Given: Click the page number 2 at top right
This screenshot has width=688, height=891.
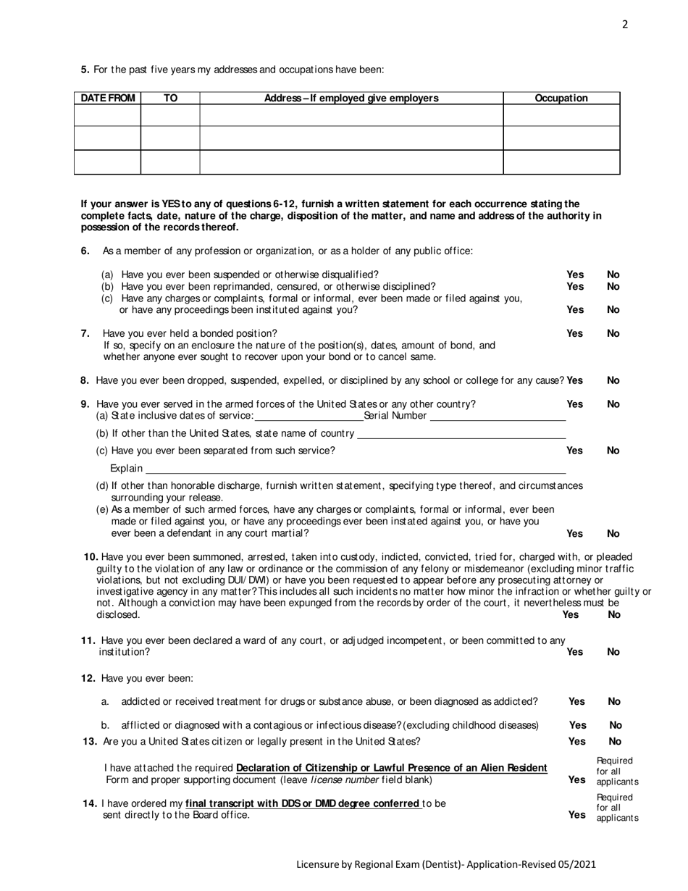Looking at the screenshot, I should pos(625,25).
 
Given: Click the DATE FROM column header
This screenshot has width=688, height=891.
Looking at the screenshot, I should pos(107,99).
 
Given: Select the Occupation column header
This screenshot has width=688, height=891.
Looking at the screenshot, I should pos(561,99).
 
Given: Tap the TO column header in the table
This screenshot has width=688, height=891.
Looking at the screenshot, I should pos(170,99).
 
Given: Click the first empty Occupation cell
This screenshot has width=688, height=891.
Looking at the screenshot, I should pos(561,115).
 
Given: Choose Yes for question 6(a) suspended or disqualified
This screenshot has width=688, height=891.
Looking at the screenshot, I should pos(574,275).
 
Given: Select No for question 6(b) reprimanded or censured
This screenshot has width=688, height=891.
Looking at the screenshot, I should pos(613,286).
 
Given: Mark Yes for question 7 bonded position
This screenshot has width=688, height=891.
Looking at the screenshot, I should pos(574,333).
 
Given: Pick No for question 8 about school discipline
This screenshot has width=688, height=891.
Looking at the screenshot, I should pos(613,380).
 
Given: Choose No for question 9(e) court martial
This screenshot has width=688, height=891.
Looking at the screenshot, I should pos(613,534).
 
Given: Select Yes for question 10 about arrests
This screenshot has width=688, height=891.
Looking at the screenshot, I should pos(571,615).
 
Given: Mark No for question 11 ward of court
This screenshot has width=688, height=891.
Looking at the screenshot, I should pos(613,652).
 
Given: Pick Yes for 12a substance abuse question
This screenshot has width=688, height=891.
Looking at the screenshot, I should pos(576,701).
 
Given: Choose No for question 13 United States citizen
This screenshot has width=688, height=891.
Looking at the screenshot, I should pos(615,741).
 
